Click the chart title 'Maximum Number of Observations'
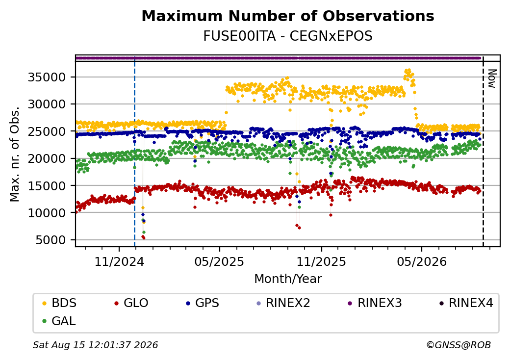click(x=288, y=16)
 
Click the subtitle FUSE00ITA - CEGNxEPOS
click(x=288, y=36)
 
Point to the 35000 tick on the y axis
click(x=47, y=77)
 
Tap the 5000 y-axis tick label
click(x=51, y=240)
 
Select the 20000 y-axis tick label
click(x=47, y=159)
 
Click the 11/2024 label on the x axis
click(x=119, y=261)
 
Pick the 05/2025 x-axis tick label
click(x=220, y=261)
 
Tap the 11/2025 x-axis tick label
click(x=321, y=261)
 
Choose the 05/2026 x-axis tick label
click(x=422, y=261)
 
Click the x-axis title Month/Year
click(x=288, y=279)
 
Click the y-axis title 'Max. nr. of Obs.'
click(x=15, y=154)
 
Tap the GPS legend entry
click(x=203, y=303)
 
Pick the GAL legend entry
click(x=59, y=321)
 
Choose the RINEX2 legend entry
click(x=283, y=303)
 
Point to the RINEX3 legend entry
click(x=375, y=303)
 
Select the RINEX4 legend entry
click(x=466, y=303)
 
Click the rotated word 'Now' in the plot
click(x=492, y=78)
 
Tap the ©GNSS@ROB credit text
click(x=459, y=345)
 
